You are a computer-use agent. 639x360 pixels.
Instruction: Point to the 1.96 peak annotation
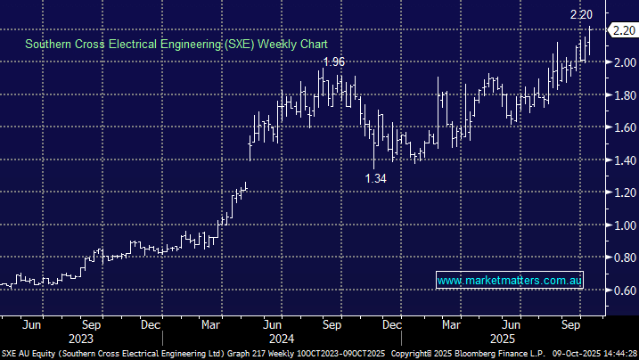tap(333, 61)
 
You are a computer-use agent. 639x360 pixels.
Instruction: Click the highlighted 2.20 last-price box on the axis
tap(620, 29)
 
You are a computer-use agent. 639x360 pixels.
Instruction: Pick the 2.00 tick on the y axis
tap(620, 61)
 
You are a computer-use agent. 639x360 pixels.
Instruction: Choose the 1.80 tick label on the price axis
tap(620, 94)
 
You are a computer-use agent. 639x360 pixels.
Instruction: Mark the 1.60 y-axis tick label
tap(620, 127)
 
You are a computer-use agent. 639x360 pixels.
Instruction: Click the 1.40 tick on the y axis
tap(620, 160)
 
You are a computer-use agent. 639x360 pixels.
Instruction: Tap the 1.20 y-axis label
tap(620, 192)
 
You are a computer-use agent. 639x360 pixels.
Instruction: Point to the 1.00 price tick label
tap(620, 225)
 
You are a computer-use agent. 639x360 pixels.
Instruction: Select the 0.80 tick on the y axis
tap(620, 258)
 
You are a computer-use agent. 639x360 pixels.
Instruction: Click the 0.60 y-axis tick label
tap(620, 290)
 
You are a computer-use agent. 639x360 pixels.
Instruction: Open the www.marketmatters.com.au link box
tap(510, 281)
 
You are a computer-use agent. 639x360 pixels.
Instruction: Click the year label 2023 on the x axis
tap(81, 339)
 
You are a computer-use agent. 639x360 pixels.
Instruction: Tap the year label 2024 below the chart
tap(283, 339)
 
